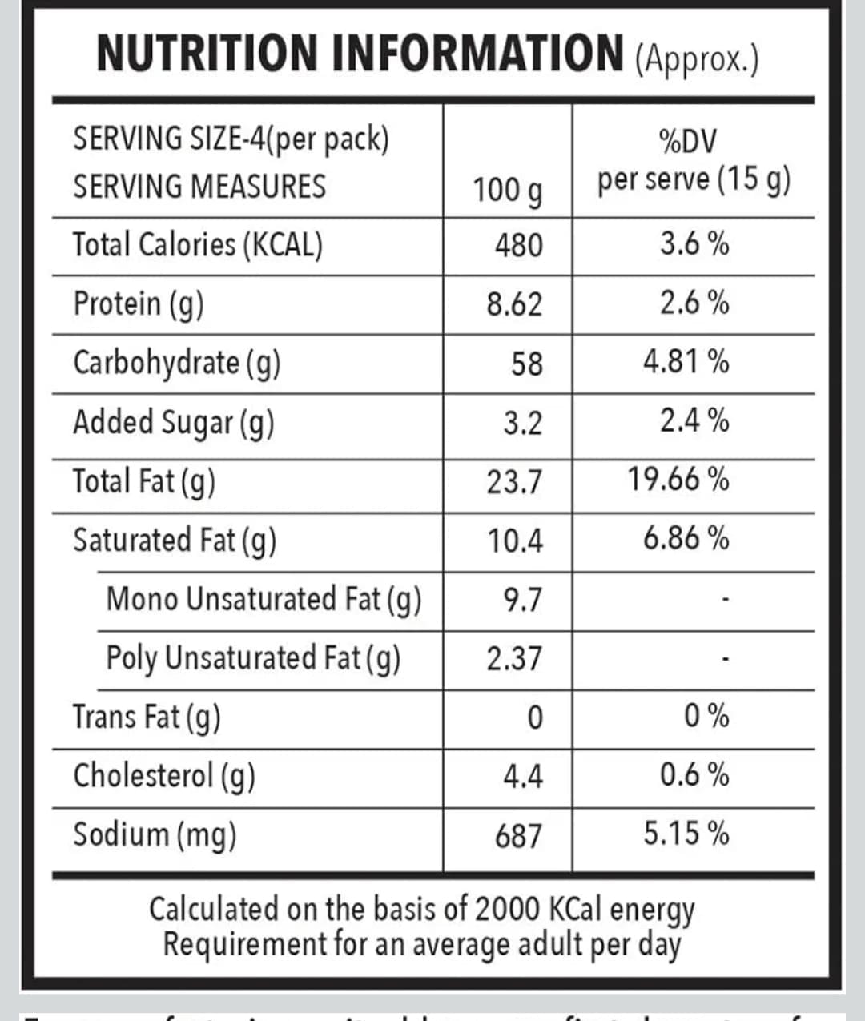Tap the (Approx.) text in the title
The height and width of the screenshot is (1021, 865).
click(696, 58)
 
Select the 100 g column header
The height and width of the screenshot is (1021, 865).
click(507, 191)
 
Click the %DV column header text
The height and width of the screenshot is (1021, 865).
click(687, 143)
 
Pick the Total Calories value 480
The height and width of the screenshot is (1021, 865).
click(518, 245)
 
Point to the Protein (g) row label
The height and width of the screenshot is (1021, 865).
click(139, 304)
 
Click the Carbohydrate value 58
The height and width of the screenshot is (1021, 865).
click(526, 364)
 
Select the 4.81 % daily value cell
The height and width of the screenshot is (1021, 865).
click(686, 362)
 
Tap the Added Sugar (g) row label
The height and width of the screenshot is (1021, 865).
click(174, 422)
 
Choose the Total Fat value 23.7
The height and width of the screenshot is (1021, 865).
click(514, 482)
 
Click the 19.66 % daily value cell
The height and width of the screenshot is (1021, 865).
click(678, 480)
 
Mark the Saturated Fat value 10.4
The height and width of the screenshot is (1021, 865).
click(515, 541)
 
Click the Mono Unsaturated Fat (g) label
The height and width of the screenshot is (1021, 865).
click(264, 599)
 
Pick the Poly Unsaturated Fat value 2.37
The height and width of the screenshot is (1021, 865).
click(514, 658)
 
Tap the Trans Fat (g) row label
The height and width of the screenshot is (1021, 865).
click(147, 717)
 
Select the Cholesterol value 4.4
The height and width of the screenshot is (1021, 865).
click(522, 776)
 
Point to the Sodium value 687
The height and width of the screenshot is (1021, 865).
click(518, 836)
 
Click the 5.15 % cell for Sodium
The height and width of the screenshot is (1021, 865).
click(686, 834)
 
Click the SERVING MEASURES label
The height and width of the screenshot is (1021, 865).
click(199, 187)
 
